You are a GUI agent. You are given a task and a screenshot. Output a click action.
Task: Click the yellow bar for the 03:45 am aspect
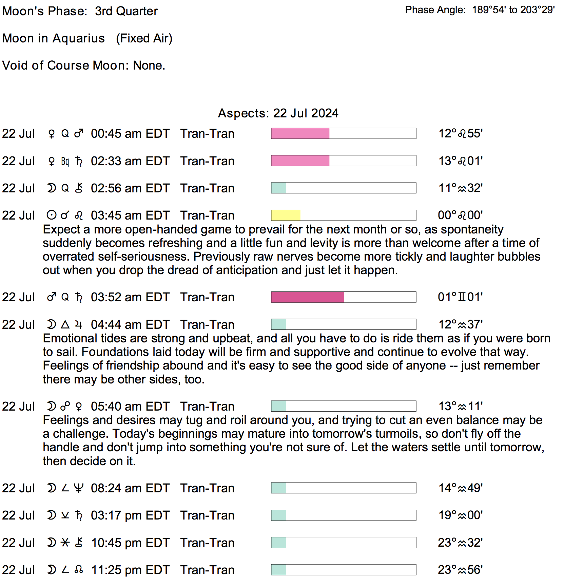coord(286,215)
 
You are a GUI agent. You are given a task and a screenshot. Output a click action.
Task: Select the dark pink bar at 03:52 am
coord(307,297)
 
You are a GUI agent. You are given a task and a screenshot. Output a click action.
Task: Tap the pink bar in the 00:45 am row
coord(300,133)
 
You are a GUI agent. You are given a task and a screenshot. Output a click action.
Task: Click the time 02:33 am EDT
coord(130,161)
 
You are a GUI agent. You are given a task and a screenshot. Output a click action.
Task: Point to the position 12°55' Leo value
coord(461,133)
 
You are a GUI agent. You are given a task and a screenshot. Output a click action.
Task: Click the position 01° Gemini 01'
coord(460,297)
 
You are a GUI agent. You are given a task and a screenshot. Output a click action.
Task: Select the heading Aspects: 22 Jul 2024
coord(278,113)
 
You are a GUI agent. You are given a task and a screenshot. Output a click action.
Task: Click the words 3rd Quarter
coord(126,11)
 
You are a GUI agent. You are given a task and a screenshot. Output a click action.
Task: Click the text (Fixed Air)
coord(144,38)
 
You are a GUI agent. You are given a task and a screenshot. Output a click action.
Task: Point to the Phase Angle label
coord(435,10)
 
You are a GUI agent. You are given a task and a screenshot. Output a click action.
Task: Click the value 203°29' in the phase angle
coord(538,10)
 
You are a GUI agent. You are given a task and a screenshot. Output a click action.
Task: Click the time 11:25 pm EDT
coord(130,570)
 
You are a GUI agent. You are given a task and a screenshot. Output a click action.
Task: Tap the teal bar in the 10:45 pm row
coord(278,542)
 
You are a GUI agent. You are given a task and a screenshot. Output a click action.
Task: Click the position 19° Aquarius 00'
coord(461,515)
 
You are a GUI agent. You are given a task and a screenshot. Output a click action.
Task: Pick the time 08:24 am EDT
coord(130,488)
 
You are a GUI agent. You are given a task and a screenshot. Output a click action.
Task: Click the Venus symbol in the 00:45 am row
coord(52,134)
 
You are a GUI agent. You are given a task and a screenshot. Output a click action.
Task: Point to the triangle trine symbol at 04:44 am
coord(65,324)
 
